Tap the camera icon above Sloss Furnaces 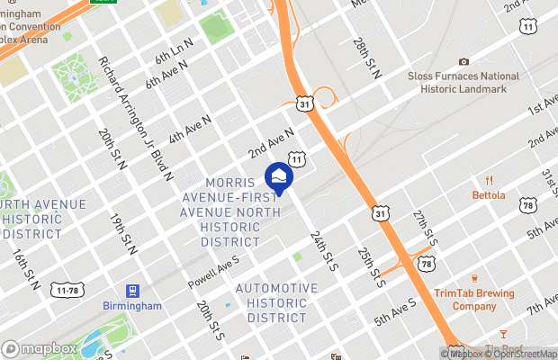coord(463,61)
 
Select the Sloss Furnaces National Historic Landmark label coord(463,82)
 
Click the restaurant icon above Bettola coord(490,180)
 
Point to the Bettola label coord(489,194)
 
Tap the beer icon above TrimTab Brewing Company coord(473,278)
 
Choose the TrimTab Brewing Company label coord(473,300)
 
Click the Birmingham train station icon coord(132,291)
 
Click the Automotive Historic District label coord(276,303)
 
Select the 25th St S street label coord(372,267)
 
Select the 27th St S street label coord(426,230)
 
